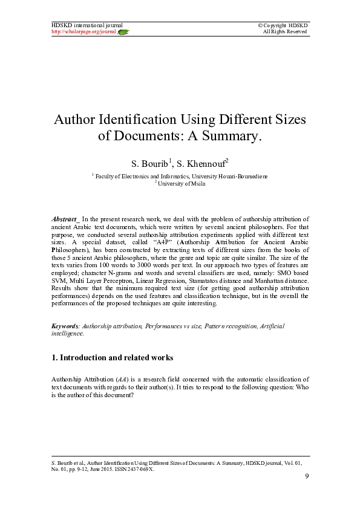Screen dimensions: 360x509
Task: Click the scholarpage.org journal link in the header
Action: point(83,31)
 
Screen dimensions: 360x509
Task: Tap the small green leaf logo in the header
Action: point(123,31)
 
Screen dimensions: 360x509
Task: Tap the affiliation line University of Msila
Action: point(180,183)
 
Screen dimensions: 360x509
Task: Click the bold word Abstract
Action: point(65,218)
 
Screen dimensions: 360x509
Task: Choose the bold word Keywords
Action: point(65,326)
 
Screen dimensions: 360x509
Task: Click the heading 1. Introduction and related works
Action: point(112,357)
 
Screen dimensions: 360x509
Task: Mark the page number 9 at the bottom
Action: point(307,477)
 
